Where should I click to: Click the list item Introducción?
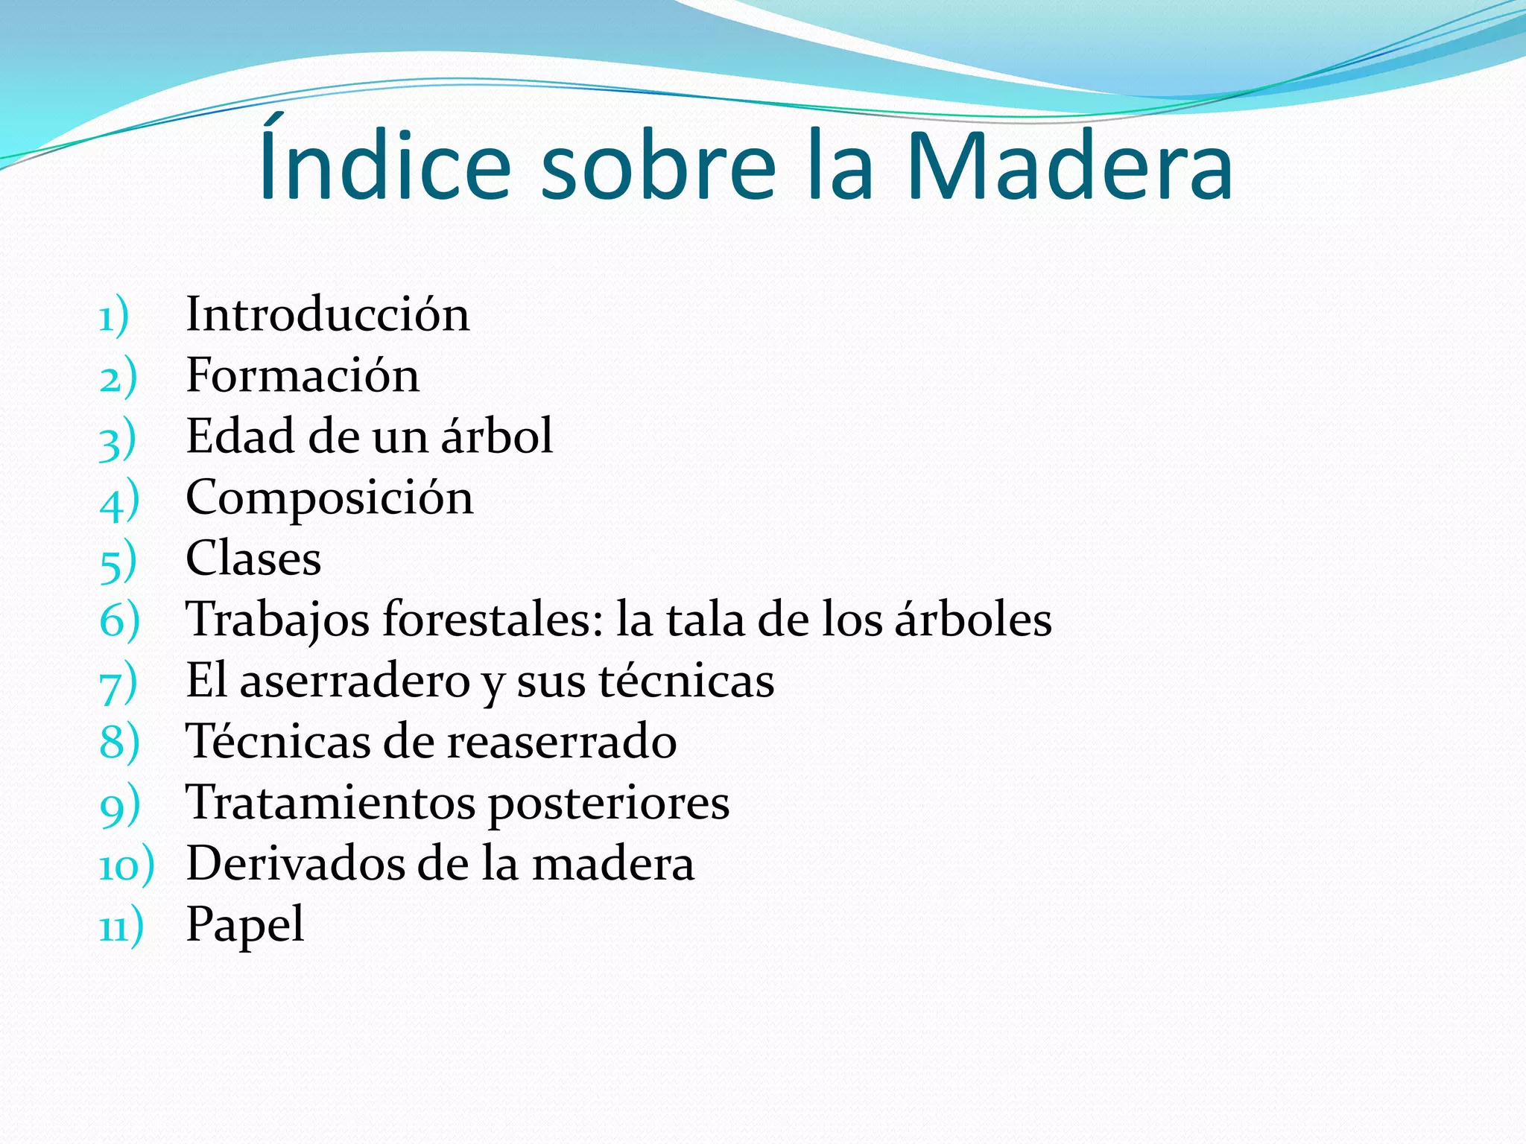click(328, 314)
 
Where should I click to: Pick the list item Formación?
click(303, 375)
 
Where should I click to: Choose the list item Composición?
click(329, 498)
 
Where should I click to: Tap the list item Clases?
click(253, 559)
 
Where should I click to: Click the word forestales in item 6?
click(492, 619)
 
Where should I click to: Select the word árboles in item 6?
click(973, 619)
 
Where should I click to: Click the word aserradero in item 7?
click(354, 681)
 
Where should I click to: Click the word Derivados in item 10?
click(295, 864)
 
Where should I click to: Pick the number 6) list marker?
click(119, 620)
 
